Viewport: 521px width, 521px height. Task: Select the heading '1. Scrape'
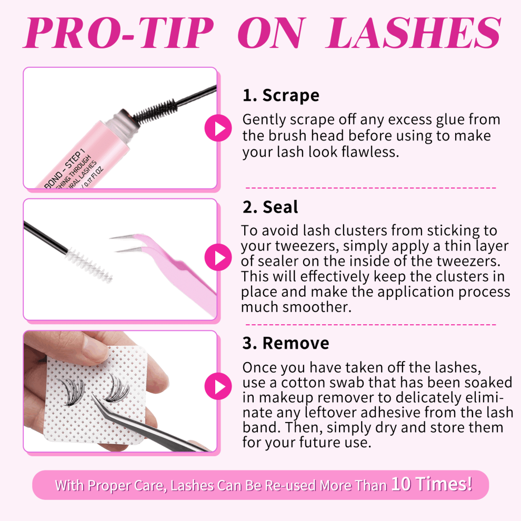point(281,95)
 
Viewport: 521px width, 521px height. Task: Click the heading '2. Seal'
point(270,207)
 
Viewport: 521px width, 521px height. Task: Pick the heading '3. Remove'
point(286,343)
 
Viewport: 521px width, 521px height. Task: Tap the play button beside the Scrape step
point(218,128)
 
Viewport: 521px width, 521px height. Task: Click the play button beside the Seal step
point(218,257)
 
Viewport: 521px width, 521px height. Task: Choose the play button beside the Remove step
point(218,386)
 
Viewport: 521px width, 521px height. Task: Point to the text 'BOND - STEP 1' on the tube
point(64,169)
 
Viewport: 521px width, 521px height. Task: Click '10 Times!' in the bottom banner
point(432,484)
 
